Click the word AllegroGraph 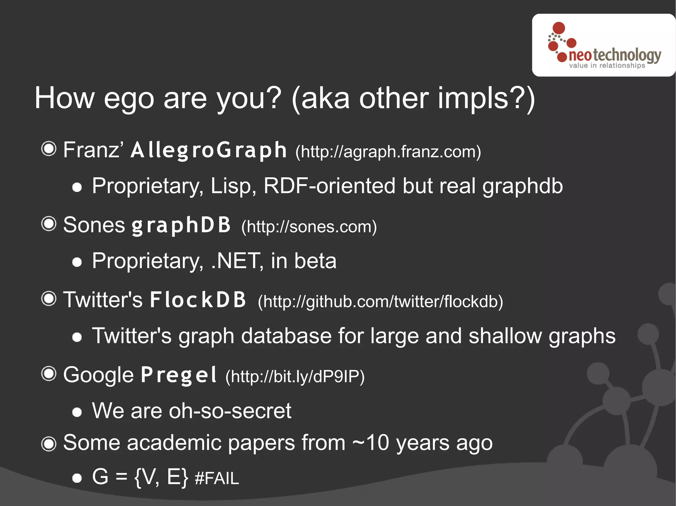tap(209, 150)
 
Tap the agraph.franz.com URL tap(388, 152)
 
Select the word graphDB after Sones tap(181, 225)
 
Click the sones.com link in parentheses tap(309, 227)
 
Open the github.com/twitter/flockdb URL tap(380, 302)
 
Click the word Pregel tap(179, 375)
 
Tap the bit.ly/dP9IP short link tap(295, 376)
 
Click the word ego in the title tap(129, 99)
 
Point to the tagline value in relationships tap(607, 66)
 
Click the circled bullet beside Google tap(49, 374)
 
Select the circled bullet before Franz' tap(49, 149)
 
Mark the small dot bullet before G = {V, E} tap(77, 478)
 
